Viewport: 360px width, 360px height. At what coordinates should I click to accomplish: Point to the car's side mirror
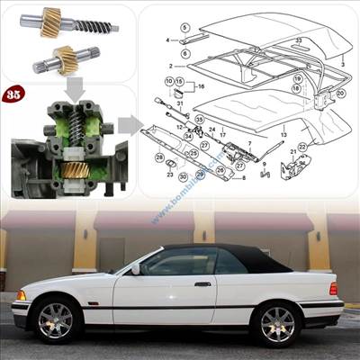click(136, 268)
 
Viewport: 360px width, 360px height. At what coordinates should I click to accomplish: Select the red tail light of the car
click(333, 289)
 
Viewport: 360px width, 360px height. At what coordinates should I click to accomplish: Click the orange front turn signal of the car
click(21, 295)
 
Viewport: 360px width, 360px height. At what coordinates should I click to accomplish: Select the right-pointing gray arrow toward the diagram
click(129, 124)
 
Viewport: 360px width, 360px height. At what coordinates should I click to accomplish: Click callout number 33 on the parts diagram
click(299, 40)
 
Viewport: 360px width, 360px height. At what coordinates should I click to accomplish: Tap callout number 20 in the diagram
click(341, 92)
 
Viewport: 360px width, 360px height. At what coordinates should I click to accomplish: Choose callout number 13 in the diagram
click(284, 134)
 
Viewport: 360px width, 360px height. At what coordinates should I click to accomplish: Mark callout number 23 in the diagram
click(168, 176)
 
